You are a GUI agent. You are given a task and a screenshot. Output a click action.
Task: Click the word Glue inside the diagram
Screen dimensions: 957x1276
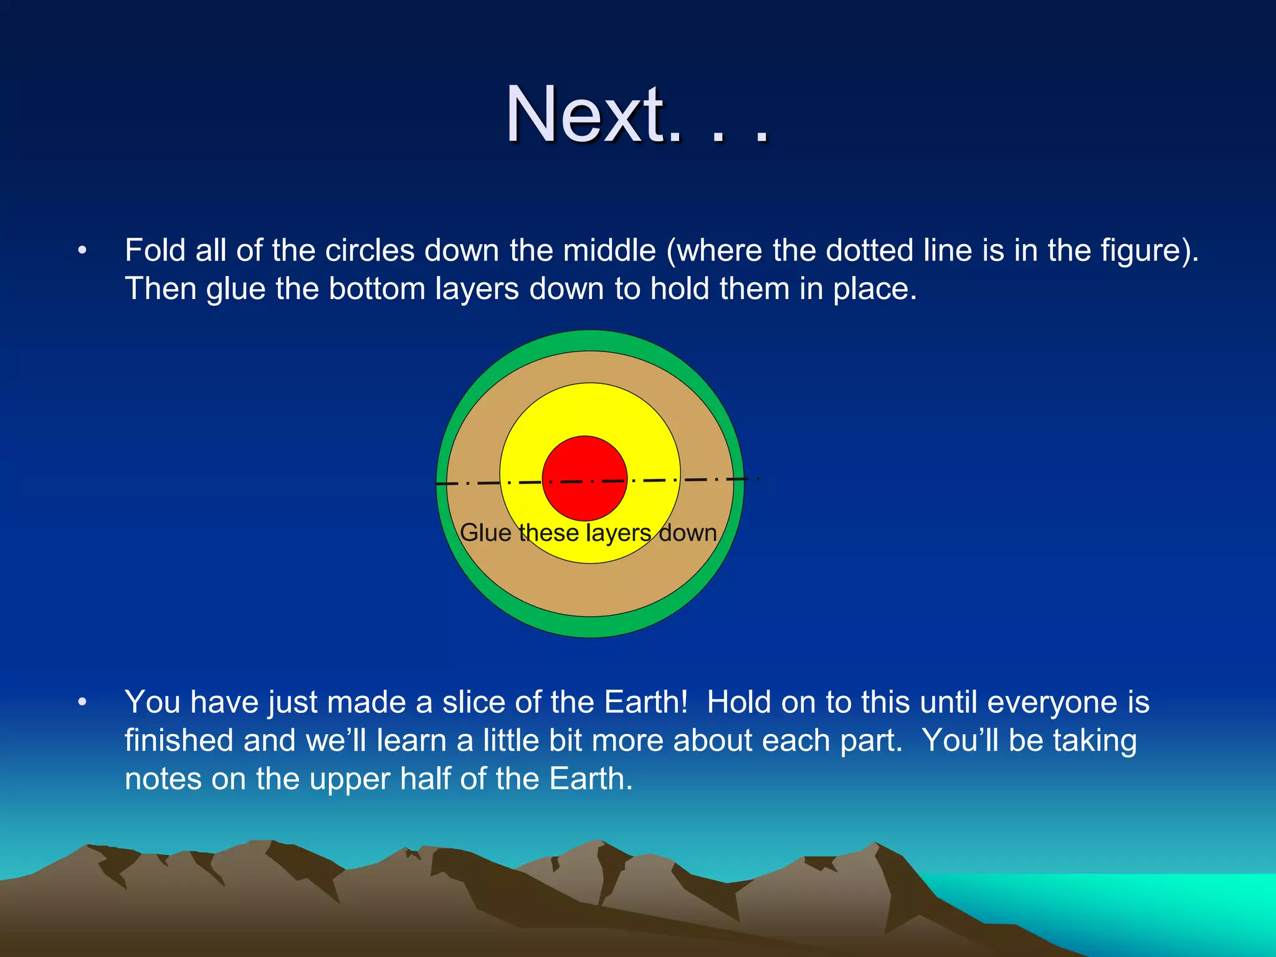point(485,533)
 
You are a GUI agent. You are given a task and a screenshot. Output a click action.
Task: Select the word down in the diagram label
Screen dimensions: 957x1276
point(688,533)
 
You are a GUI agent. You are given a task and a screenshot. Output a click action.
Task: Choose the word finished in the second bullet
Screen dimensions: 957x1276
point(178,741)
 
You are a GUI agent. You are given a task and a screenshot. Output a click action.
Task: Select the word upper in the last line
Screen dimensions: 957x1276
point(350,779)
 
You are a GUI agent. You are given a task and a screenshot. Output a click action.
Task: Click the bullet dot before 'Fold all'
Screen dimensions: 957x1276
point(82,251)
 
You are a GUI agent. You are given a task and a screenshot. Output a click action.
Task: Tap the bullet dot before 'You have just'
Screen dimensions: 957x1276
point(82,703)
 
